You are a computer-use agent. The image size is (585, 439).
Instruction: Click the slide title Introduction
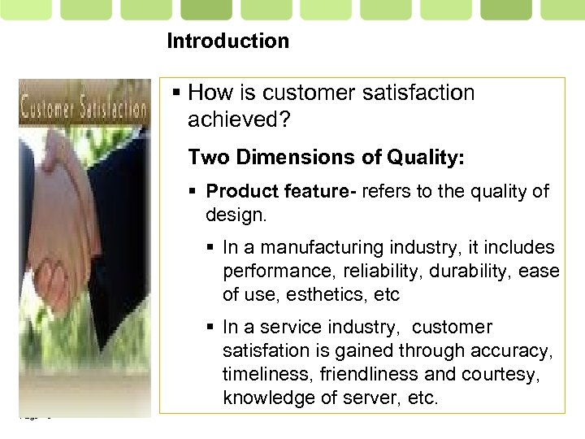[227, 41]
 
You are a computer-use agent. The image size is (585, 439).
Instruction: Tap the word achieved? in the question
[236, 120]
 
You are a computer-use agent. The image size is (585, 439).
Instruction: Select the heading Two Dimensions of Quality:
[327, 157]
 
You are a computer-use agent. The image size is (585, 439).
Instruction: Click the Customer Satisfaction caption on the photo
[84, 107]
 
